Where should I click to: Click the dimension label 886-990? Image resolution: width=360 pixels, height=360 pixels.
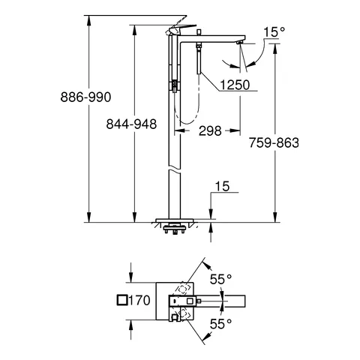tap(85, 97)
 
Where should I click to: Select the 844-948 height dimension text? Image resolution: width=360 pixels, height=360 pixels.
tap(131, 124)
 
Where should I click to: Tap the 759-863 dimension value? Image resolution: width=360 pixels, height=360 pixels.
tap(274, 142)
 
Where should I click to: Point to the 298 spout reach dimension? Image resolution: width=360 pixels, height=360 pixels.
tap(210, 130)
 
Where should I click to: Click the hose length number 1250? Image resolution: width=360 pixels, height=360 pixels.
tap(235, 85)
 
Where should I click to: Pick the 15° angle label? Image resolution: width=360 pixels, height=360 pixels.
tap(274, 32)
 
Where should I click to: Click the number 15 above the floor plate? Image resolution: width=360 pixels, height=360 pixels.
tap(222, 186)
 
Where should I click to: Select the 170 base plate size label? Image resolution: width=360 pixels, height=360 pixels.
tap(139, 300)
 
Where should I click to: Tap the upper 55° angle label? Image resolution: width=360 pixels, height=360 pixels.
tap(220, 279)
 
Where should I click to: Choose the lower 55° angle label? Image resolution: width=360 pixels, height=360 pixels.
tap(220, 324)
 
